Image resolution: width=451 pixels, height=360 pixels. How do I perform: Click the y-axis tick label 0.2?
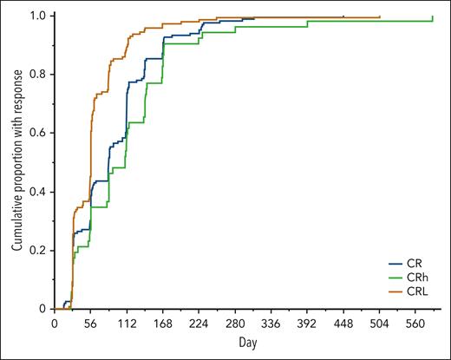click(x=40, y=250)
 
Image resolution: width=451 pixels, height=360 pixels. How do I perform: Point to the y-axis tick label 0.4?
click(x=40, y=192)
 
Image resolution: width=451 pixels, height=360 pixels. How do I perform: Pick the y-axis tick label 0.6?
click(x=40, y=133)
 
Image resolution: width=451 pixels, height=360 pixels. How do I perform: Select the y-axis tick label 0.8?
click(x=40, y=75)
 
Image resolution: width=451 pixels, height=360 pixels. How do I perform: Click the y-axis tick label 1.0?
click(x=40, y=16)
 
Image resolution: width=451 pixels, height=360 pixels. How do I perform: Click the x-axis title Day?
click(x=248, y=343)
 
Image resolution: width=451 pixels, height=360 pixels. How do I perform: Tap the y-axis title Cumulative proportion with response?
click(x=16, y=160)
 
